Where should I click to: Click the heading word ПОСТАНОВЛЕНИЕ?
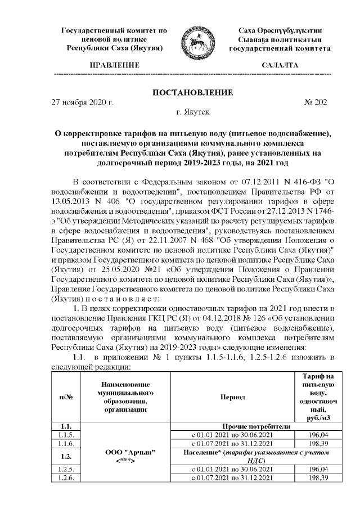tap(193, 92)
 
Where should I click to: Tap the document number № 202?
tap(315, 102)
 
